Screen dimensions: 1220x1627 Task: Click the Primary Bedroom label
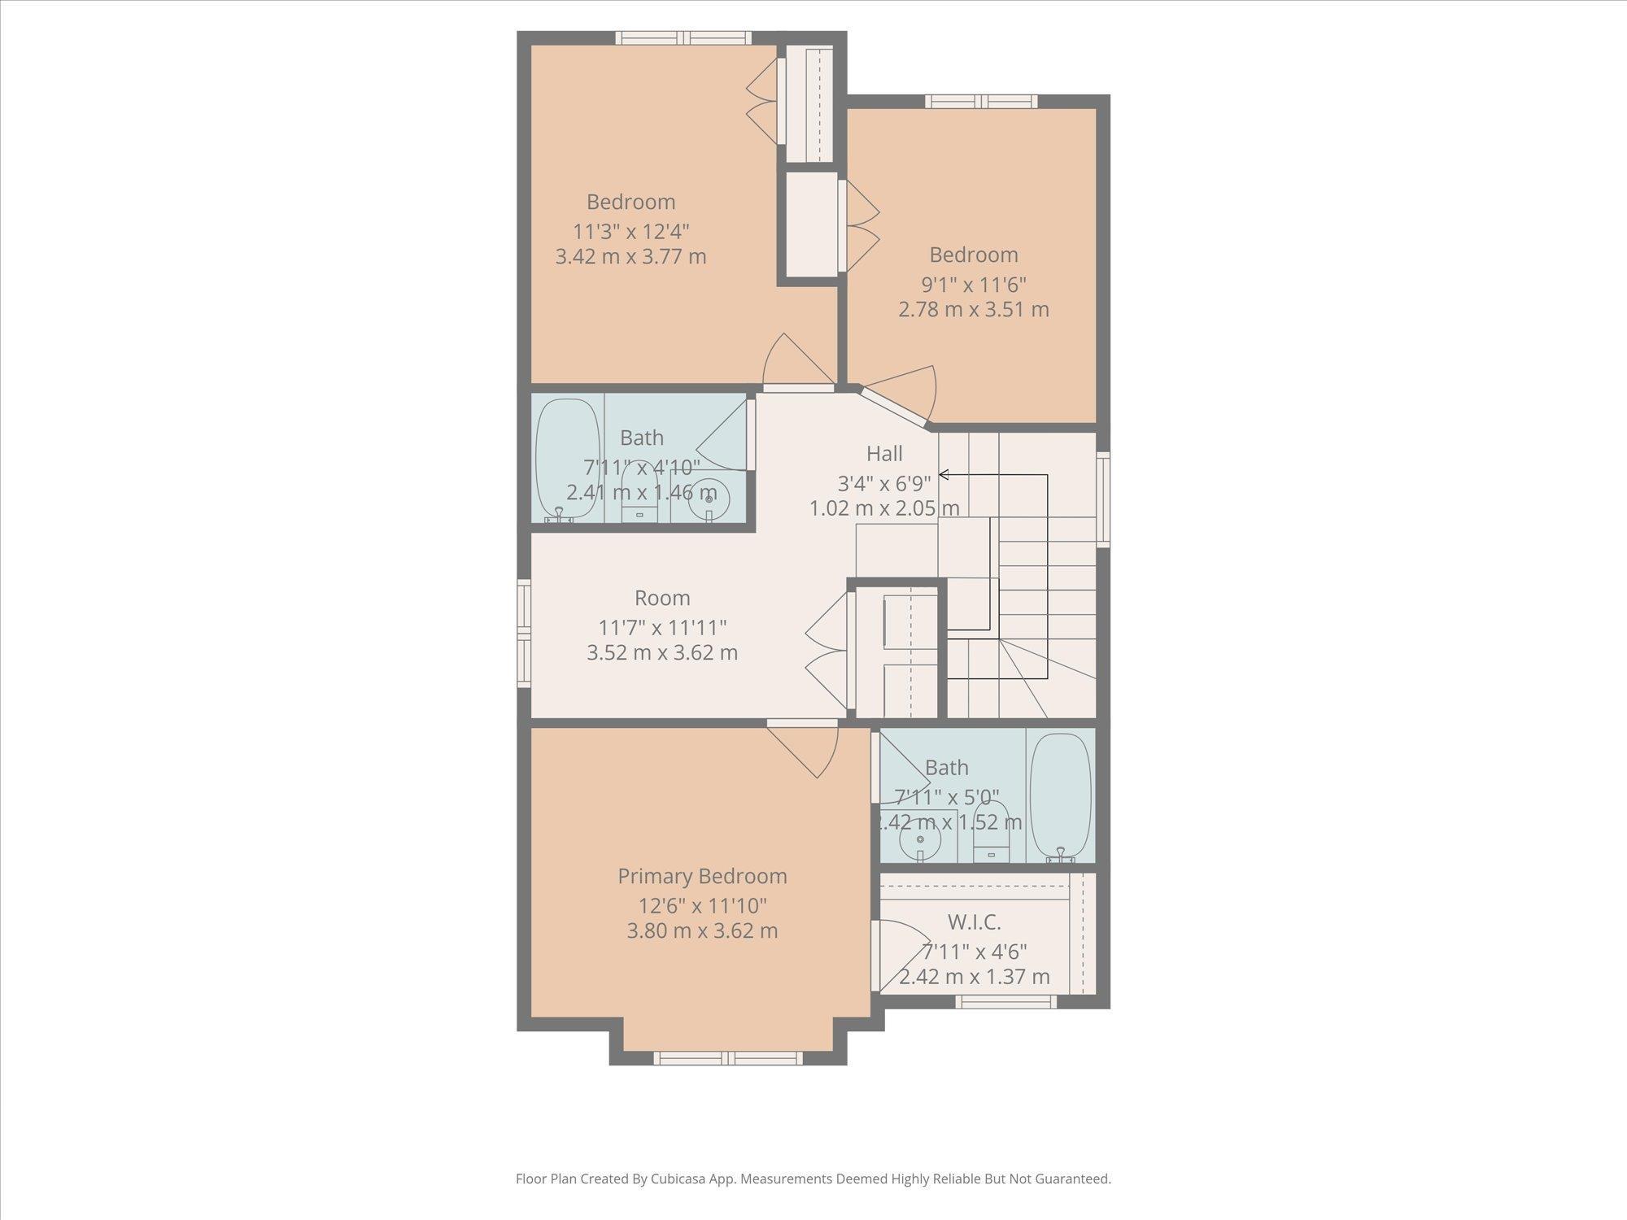coord(702,876)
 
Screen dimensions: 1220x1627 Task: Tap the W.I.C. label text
coord(974,922)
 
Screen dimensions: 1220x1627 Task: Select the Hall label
coord(884,453)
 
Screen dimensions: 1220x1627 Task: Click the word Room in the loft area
coord(662,598)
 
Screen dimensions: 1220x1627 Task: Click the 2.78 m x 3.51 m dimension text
coord(974,310)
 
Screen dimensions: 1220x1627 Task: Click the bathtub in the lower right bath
coord(1060,795)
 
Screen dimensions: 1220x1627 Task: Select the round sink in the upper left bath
coord(709,499)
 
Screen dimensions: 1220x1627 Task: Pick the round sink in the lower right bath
coord(920,839)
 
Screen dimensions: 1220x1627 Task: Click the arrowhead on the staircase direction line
coord(944,474)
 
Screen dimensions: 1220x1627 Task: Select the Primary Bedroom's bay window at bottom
coord(728,1057)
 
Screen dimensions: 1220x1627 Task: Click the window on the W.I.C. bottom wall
coord(1005,1001)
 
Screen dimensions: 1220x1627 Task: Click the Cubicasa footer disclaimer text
coord(813,1179)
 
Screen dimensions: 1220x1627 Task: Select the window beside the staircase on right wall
coord(1103,499)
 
